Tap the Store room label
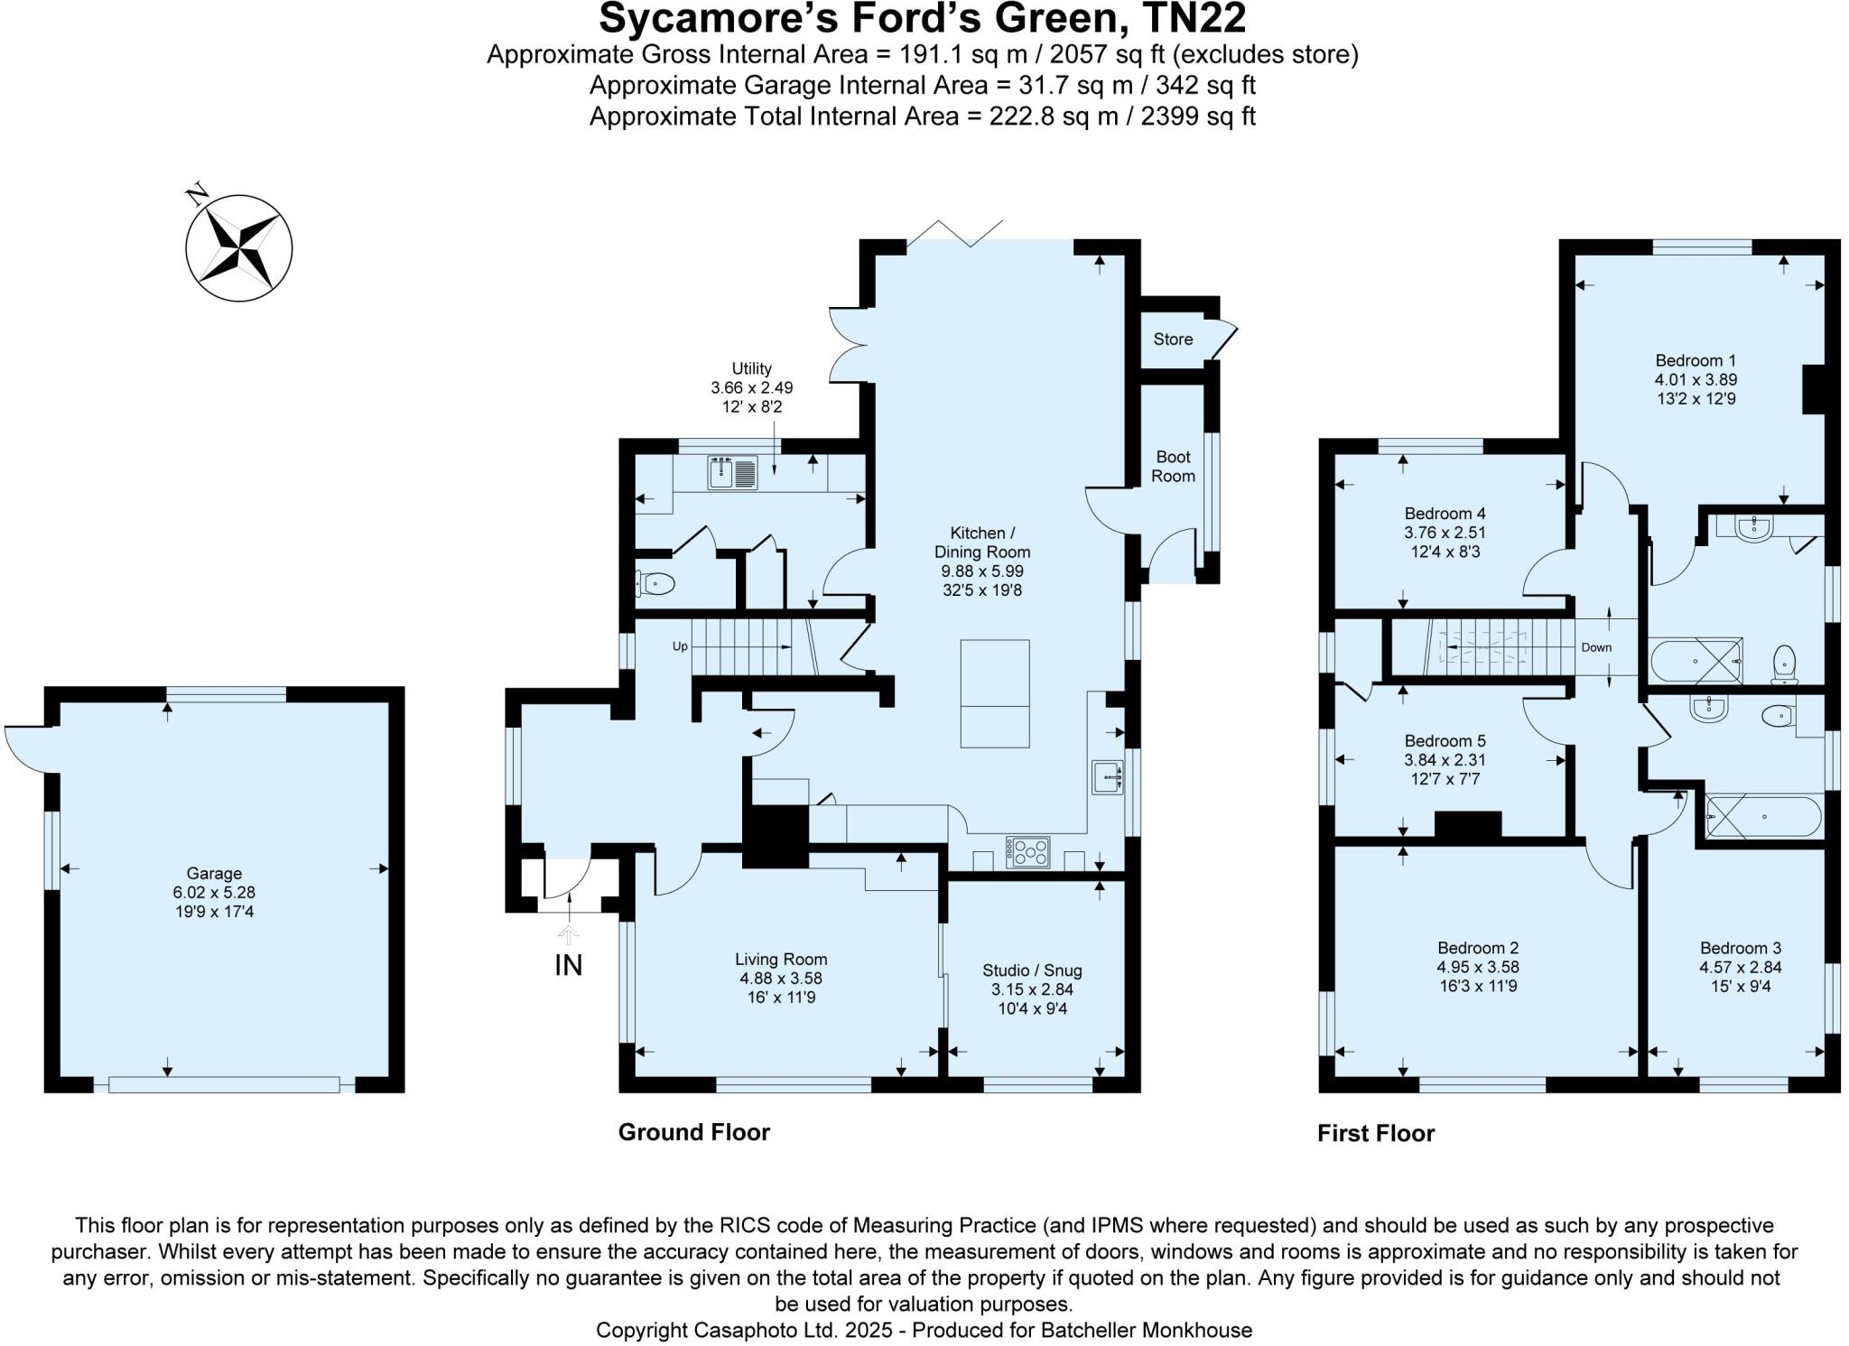(x=1173, y=339)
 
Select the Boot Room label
(x=1173, y=467)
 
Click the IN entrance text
(x=568, y=965)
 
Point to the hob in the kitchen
(x=1028, y=852)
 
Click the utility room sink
(x=733, y=473)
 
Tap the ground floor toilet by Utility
(x=655, y=584)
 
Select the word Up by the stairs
(x=680, y=646)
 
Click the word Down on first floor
(x=1596, y=647)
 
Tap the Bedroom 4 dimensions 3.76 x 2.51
(x=1445, y=533)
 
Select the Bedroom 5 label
(x=1445, y=741)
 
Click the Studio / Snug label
(x=1032, y=970)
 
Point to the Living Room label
(x=781, y=960)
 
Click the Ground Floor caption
(x=693, y=1132)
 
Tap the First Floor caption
(x=1376, y=1133)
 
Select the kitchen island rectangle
(x=995, y=693)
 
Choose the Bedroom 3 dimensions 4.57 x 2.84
(x=1740, y=967)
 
